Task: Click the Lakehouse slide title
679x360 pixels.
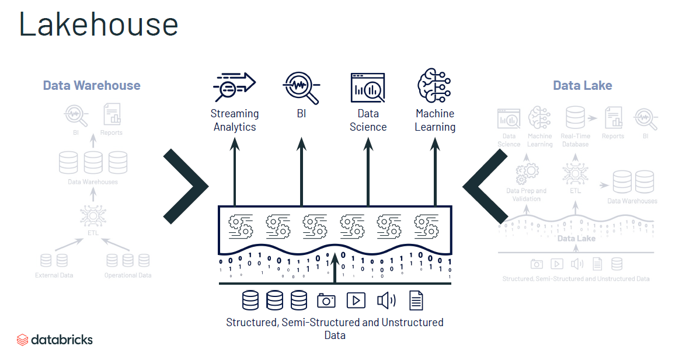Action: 99,25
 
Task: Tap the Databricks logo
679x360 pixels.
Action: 55,339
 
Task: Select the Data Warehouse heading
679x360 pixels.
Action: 92,85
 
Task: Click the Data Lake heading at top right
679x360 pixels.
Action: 582,85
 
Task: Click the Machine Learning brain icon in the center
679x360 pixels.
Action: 434,86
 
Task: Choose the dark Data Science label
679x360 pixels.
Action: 368,120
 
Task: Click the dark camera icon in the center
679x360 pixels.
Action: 326,300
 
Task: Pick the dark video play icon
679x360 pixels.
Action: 356,300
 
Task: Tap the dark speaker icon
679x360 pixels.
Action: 386,300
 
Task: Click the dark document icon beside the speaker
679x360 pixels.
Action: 416,300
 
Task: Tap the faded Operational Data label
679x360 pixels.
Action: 128,275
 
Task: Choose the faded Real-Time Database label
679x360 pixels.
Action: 575,140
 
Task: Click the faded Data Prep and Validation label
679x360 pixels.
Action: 526,195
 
